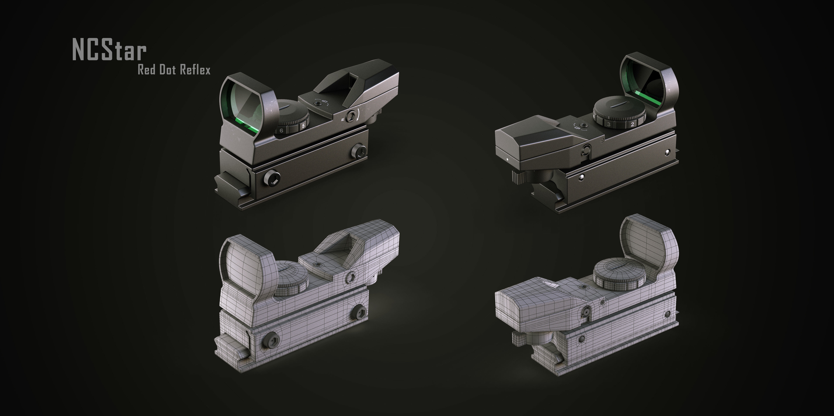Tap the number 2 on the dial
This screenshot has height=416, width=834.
(x=632, y=124)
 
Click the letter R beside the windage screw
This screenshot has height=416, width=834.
(x=343, y=119)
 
